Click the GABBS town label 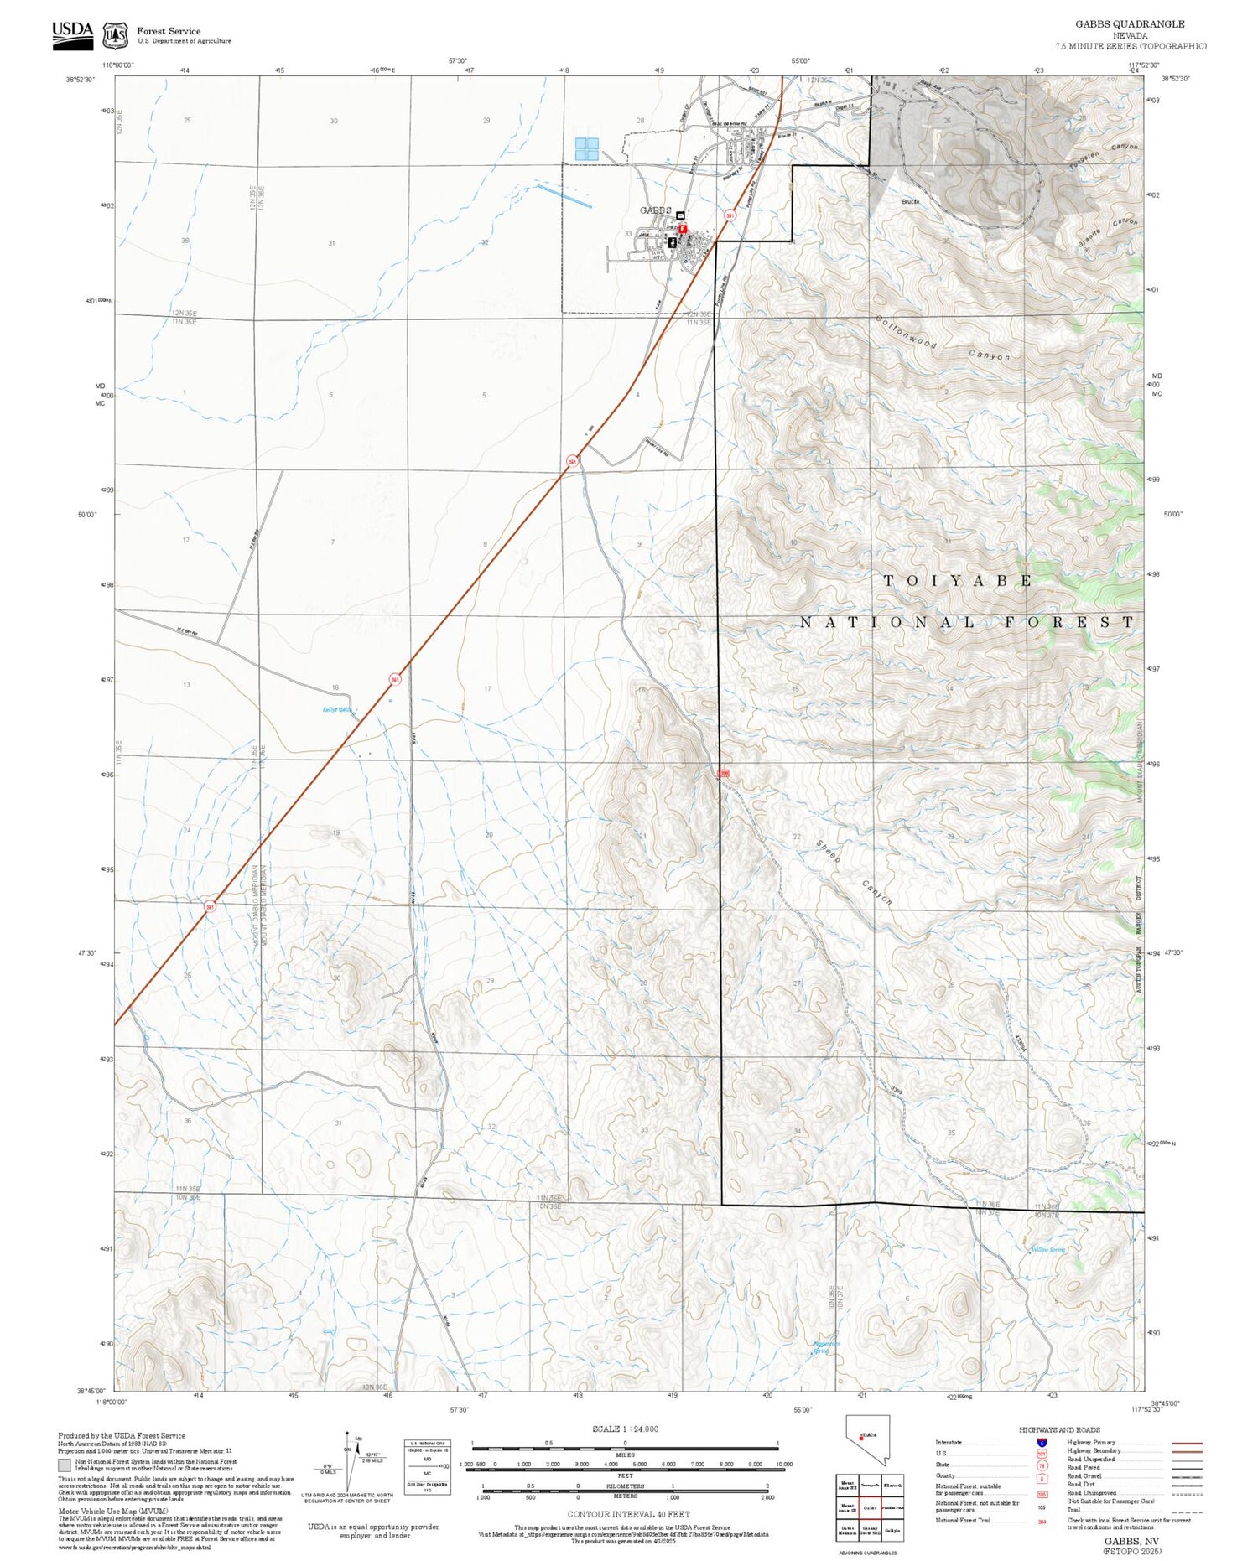[656, 210]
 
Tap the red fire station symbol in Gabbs [683, 228]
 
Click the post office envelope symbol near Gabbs [680, 215]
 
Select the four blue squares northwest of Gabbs [586, 149]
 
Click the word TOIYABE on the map [957, 581]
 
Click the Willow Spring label [1047, 1250]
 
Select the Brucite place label [911, 202]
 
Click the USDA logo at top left [73, 34]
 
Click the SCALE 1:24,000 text [625, 1429]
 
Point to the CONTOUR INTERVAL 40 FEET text [628, 1514]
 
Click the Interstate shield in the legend [1042, 1443]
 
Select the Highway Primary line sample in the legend [1183, 1444]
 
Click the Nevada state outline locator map [867, 1440]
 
